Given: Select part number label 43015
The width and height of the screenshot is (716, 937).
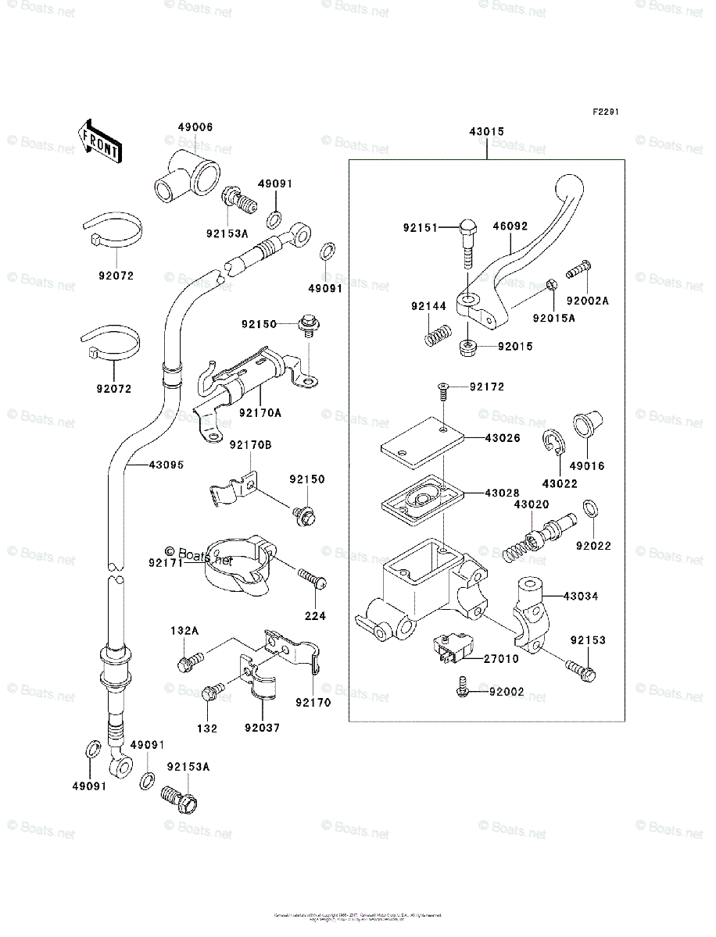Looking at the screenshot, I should [x=486, y=134].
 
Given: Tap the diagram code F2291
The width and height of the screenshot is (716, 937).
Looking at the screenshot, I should [x=605, y=112].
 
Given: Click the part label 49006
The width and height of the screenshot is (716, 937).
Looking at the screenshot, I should [x=195, y=127].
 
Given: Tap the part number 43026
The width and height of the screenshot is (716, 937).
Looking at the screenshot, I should [x=502, y=438].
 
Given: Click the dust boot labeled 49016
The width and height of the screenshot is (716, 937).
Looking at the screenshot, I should [x=586, y=423].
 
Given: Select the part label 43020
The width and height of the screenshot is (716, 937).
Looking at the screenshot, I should [x=531, y=505].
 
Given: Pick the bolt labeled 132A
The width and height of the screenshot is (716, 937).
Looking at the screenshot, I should [x=190, y=661].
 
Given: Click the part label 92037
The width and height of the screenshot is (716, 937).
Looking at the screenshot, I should [x=261, y=729].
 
